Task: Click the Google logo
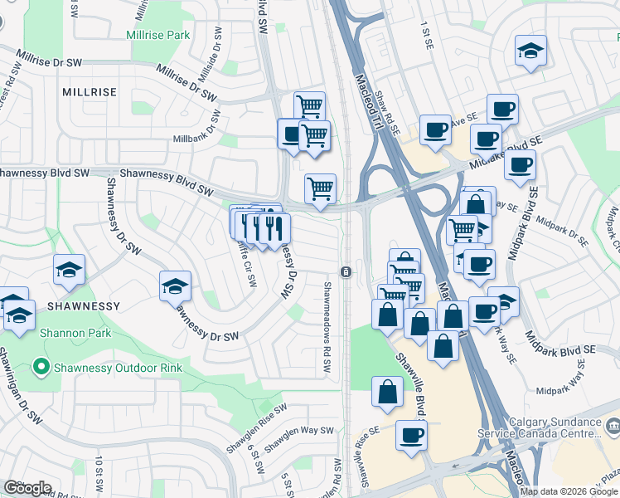27,488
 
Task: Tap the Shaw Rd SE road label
387,114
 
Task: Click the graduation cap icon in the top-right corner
529,51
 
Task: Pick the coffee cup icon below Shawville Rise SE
410,435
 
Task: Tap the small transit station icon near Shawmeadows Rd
345,272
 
